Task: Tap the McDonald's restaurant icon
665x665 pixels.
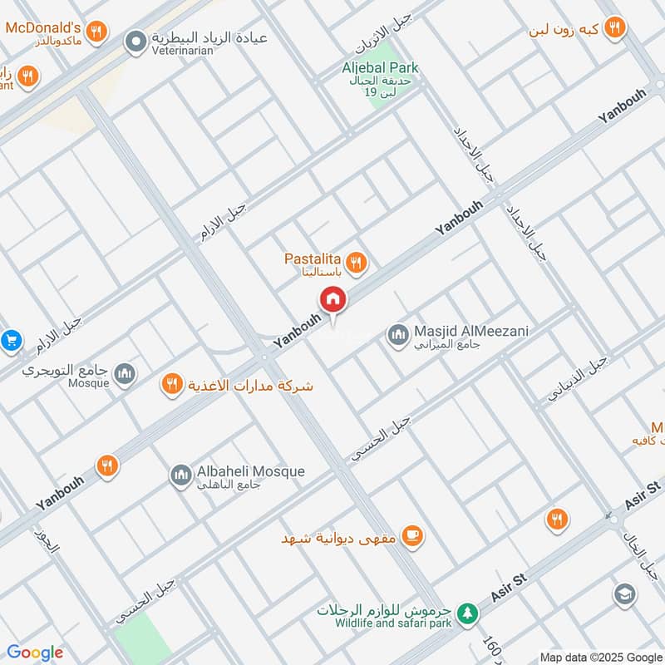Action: (x=97, y=32)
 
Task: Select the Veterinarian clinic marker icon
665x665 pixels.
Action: (x=135, y=40)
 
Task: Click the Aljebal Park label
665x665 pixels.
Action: (x=382, y=67)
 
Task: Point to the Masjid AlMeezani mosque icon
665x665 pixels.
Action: (x=397, y=336)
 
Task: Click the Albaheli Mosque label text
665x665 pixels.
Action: (x=250, y=471)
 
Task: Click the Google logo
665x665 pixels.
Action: (x=35, y=653)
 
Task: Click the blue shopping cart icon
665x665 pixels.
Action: (x=11, y=340)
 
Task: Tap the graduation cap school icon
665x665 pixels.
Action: (x=624, y=594)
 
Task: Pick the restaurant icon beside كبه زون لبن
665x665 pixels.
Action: (x=614, y=27)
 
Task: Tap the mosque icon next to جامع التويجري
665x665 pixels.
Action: (x=126, y=374)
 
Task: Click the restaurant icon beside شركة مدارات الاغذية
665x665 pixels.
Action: (x=172, y=384)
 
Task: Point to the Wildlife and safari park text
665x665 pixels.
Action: (x=393, y=623)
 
